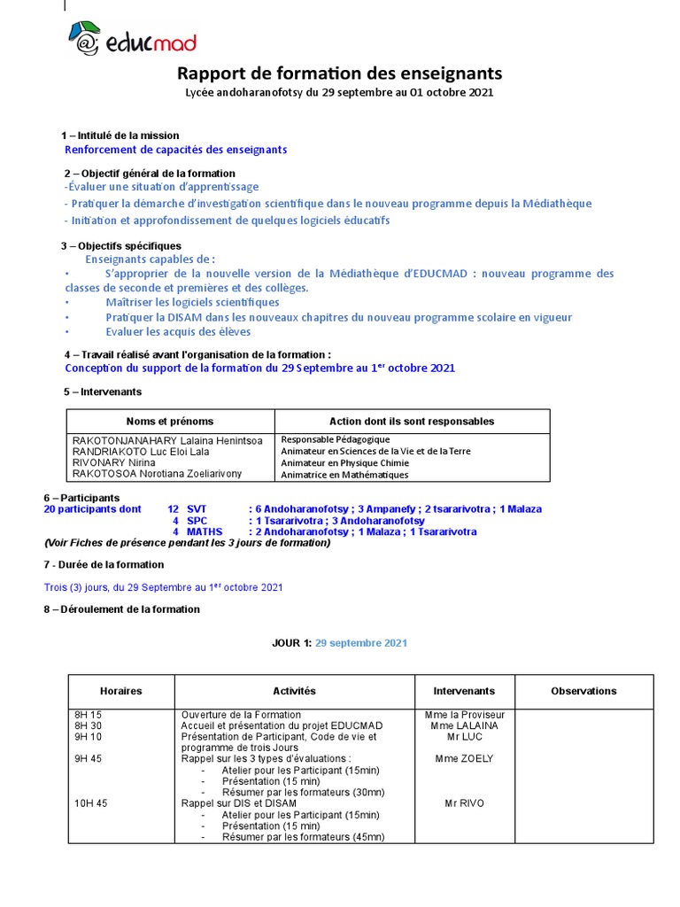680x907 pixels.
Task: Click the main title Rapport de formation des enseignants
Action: pyautogui.click(x=340, y=73)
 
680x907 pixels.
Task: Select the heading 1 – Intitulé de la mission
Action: pyautogui.click(x=120, y=136)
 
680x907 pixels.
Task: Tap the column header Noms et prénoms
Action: pyautogui.click(x=170, y=422)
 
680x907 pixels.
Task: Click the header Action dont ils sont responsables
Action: pyautogui.click(x=412, y=422)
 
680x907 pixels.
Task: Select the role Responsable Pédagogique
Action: pyautogui.click(x=335, y=439)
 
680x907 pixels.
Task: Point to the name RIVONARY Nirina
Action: pyautogui.click(x=112, y=462)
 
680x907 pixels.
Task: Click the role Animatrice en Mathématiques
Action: pyautogui.click(x=344, y=474)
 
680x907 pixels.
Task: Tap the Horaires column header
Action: pyautogui.click(x=121, y=691)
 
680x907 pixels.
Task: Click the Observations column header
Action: pyautogui.click(x=583, y=691)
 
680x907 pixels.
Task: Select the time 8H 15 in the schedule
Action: pyautogui.click(x=89, y=714)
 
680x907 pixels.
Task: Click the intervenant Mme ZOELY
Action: pyautogui.click(x=465, y=758)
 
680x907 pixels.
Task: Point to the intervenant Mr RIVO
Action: pyautogui.click(x=465, y=803)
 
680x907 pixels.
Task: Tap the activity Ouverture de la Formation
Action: pyautogui.click(x=241, y=714)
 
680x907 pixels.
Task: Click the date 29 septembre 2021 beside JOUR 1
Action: pyautogui.click(x=361, y=643)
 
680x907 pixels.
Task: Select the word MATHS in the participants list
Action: pyautogui.click(x=205, y=531)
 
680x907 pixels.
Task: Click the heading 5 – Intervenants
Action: pyautogui.click(x=103, y=391)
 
